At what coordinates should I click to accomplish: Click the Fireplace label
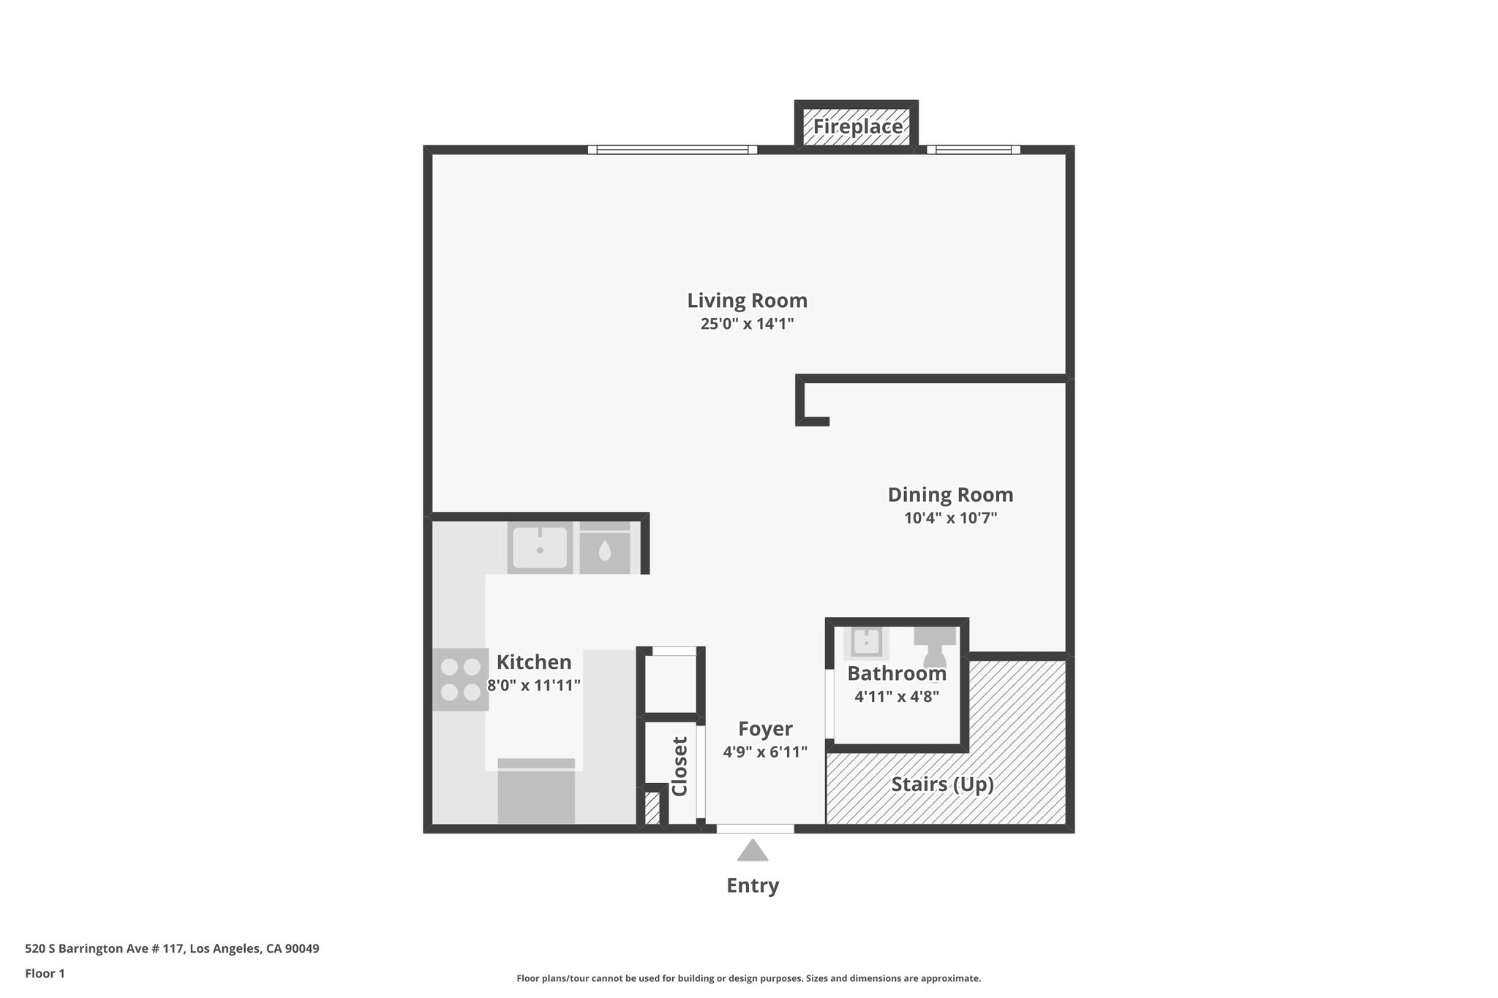857,127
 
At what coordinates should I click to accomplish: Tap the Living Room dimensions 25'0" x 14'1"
747,324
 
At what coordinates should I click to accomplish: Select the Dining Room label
950,495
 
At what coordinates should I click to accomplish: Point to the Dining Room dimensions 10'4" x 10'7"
950,518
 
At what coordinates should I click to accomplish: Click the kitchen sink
540,548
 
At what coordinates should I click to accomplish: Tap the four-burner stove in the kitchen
460,679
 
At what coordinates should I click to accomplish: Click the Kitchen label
534,662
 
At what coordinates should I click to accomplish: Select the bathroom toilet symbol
935,643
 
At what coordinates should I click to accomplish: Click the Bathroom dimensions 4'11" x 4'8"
897,696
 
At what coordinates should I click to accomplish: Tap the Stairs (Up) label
942,785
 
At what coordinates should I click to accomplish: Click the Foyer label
765,729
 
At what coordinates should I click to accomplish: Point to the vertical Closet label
680,766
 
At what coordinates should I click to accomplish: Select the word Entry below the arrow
752,885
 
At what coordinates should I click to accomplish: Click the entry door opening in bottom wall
755,828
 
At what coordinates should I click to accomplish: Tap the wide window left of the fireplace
672,150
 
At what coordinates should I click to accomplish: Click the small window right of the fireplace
973,150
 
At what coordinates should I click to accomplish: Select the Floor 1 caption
45,973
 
